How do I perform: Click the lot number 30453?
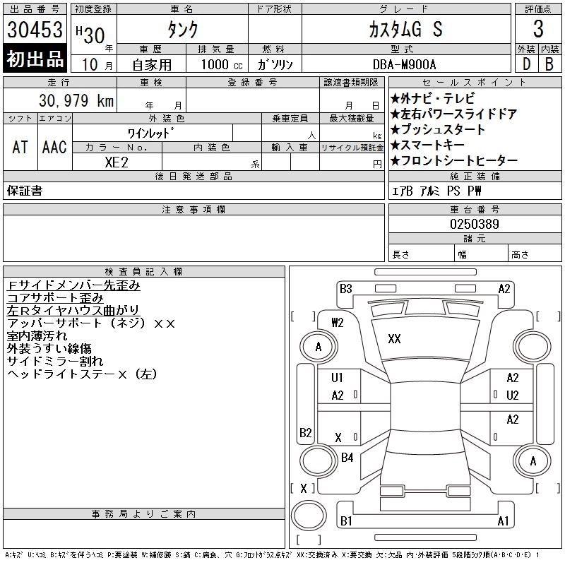(35, 29)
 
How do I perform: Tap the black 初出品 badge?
(35, 59)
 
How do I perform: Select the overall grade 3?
(538, 29)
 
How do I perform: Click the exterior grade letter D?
(526, 64)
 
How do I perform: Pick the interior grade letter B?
(549, 64)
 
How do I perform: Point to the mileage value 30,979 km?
(76, 100)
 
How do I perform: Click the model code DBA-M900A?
(404, 64)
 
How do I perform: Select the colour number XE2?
(117, 162)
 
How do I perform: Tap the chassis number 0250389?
(474, 224)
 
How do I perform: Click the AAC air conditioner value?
(54, 147)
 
